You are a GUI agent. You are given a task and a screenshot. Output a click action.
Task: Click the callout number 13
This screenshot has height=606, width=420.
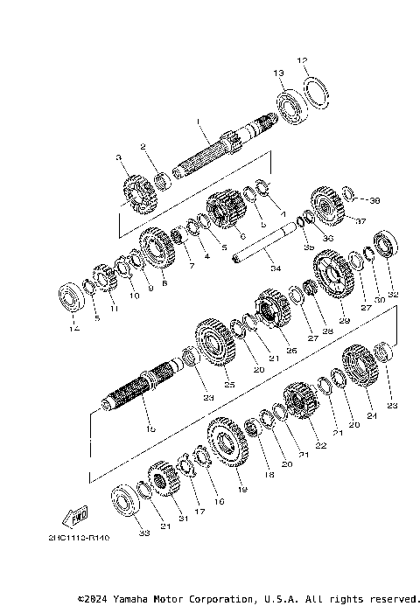click(x=278, y=73)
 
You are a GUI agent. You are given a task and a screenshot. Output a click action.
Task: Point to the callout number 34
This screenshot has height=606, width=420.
click(x=276, y=268)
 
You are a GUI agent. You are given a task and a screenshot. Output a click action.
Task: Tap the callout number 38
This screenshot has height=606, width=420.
click(x=375, y=200)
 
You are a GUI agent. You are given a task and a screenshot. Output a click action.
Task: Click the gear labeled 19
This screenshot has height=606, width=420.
click(x=228, y=447)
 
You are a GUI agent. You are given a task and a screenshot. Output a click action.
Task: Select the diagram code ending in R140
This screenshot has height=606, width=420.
click(x=79, y=540)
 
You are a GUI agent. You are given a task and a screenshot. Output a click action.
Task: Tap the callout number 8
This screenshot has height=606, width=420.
click(x=164, y=283)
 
